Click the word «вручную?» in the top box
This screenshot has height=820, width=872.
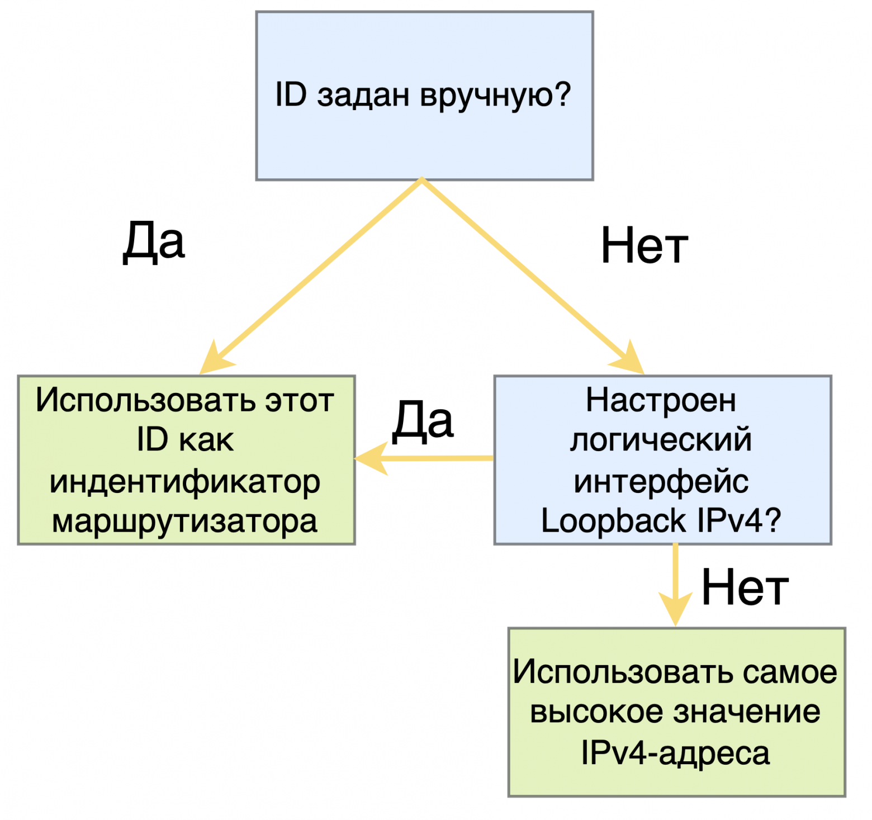496,96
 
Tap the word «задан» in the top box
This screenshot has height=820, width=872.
364,96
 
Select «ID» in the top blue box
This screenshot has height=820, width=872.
291,94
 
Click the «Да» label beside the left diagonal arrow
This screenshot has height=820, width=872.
153,242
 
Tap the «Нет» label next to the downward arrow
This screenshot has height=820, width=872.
745,587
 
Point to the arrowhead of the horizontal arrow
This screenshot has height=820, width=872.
369,458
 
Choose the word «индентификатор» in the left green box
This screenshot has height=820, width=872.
185,481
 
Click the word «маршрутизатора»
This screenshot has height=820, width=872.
185,522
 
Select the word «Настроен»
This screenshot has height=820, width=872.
661,400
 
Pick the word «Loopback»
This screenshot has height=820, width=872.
613,521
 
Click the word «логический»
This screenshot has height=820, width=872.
661,440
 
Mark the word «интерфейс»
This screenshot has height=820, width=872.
661,481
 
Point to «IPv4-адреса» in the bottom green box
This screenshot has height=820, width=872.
675,753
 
